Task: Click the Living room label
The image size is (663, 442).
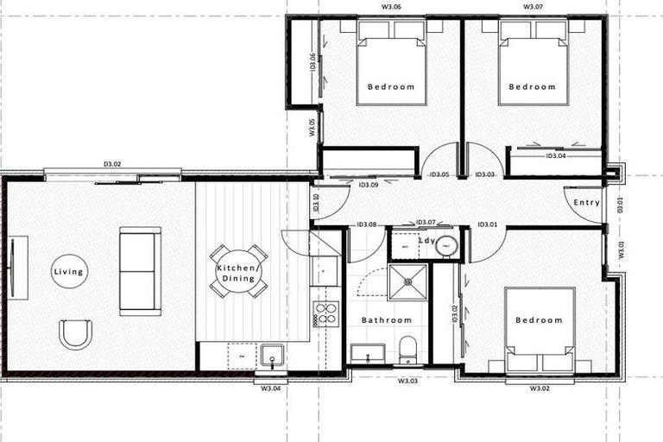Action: (x=68, y=272)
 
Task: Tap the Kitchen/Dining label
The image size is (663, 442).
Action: (x=236, y=273)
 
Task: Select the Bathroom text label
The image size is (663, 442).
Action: (x=387, y=320)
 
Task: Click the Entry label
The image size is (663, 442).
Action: (x=587, y=203)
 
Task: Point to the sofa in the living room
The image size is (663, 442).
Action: (x=140, y=271)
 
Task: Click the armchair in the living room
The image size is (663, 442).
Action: (x=75, y=333)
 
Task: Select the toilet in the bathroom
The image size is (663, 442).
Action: (x=408, y=349)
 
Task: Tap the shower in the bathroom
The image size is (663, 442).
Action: (x=407, y=281)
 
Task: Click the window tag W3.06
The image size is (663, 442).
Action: (x=391, y=6)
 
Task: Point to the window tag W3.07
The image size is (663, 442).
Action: (x=533, y=6)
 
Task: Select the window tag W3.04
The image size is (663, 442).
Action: (x=271, y=388)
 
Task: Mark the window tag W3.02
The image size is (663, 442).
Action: (x=540, y=388)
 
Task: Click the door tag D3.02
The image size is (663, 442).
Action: (x=112, y=162)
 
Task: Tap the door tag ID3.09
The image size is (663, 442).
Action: (x=369, y=185)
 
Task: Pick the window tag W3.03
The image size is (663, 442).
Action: (x=407, y=381)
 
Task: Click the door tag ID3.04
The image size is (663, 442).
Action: (x=555, y=156)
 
